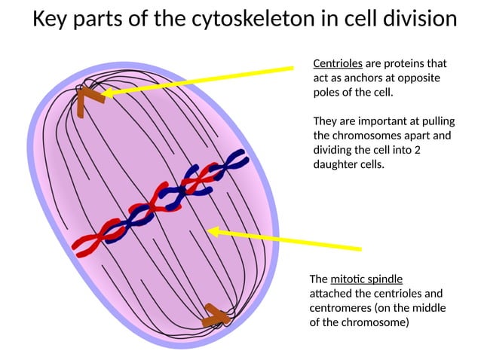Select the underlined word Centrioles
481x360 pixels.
tap(337, 63)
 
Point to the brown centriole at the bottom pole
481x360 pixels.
tap(216, 316)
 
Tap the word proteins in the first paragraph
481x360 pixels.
tap(403, 63)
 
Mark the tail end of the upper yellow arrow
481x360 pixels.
tap(292, 69)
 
